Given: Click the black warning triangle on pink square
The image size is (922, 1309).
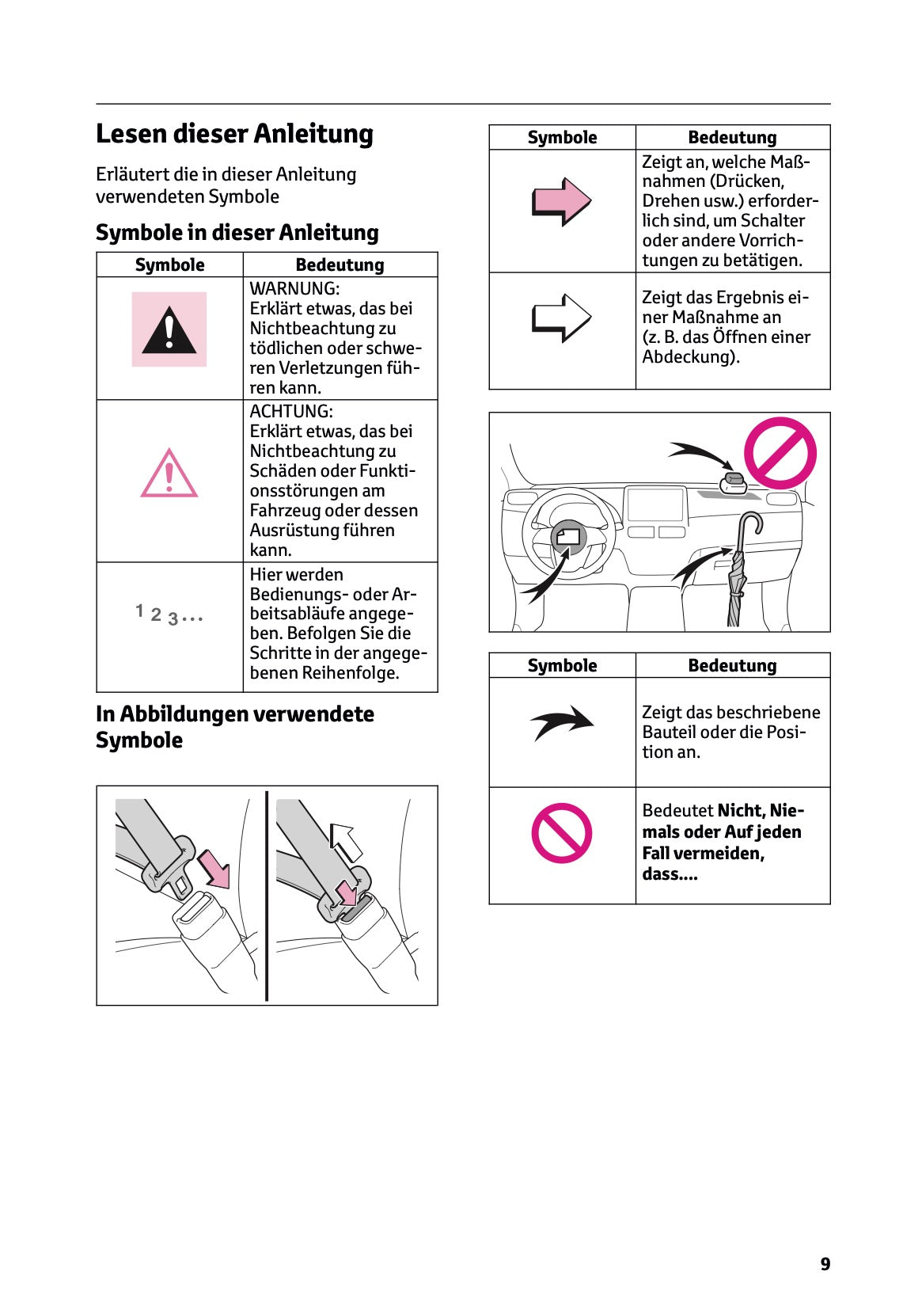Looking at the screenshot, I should coord(169,331).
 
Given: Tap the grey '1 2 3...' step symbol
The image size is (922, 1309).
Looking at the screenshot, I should coord(169,615).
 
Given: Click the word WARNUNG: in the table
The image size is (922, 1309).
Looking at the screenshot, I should coord(294,288).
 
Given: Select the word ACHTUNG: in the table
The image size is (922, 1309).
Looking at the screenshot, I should coord(291,411).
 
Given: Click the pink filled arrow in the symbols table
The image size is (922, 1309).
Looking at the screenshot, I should coord(561,201).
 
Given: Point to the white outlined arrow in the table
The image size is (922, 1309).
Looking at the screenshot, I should coord(561,318).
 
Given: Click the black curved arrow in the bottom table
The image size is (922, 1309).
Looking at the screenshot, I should coord(561,721).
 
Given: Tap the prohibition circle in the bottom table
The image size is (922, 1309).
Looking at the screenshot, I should coord(561,833).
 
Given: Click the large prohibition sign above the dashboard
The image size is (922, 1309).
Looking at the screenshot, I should coord(780,453).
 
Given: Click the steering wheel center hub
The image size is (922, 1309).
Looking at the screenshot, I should coord(567,538).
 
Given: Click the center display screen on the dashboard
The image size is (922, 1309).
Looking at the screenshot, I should coord(655,504).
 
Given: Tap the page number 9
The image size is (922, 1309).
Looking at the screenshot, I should coord(825,1264).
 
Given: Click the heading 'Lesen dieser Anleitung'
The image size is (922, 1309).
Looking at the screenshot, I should coord(234,133).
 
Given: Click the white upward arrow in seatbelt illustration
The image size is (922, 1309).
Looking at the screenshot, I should coord(346,841).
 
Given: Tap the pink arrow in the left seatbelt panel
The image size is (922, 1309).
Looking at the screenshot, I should coord(214,868).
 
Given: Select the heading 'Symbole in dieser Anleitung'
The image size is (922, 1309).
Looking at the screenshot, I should coord(237,232).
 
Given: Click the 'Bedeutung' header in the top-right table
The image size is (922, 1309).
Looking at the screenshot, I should coord(732,137).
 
